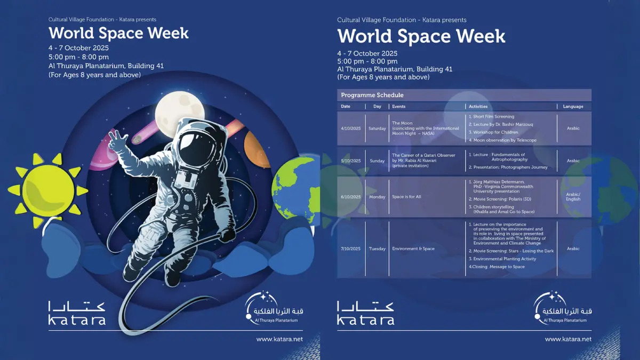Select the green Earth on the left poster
click(294, 185)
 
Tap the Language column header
click(573, 107)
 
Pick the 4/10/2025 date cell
click(350, 129)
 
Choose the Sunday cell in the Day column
click(377, 161)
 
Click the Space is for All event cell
click(406, 197)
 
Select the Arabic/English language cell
click(573, 197)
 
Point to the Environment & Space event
click(413, 249)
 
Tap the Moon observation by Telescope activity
click(505, 140)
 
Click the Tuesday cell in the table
click(377, 249)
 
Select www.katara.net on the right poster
click(568, 339)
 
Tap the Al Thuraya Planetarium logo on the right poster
click(562, 309)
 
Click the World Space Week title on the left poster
click(118, 33)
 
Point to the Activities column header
click(478, 107)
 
